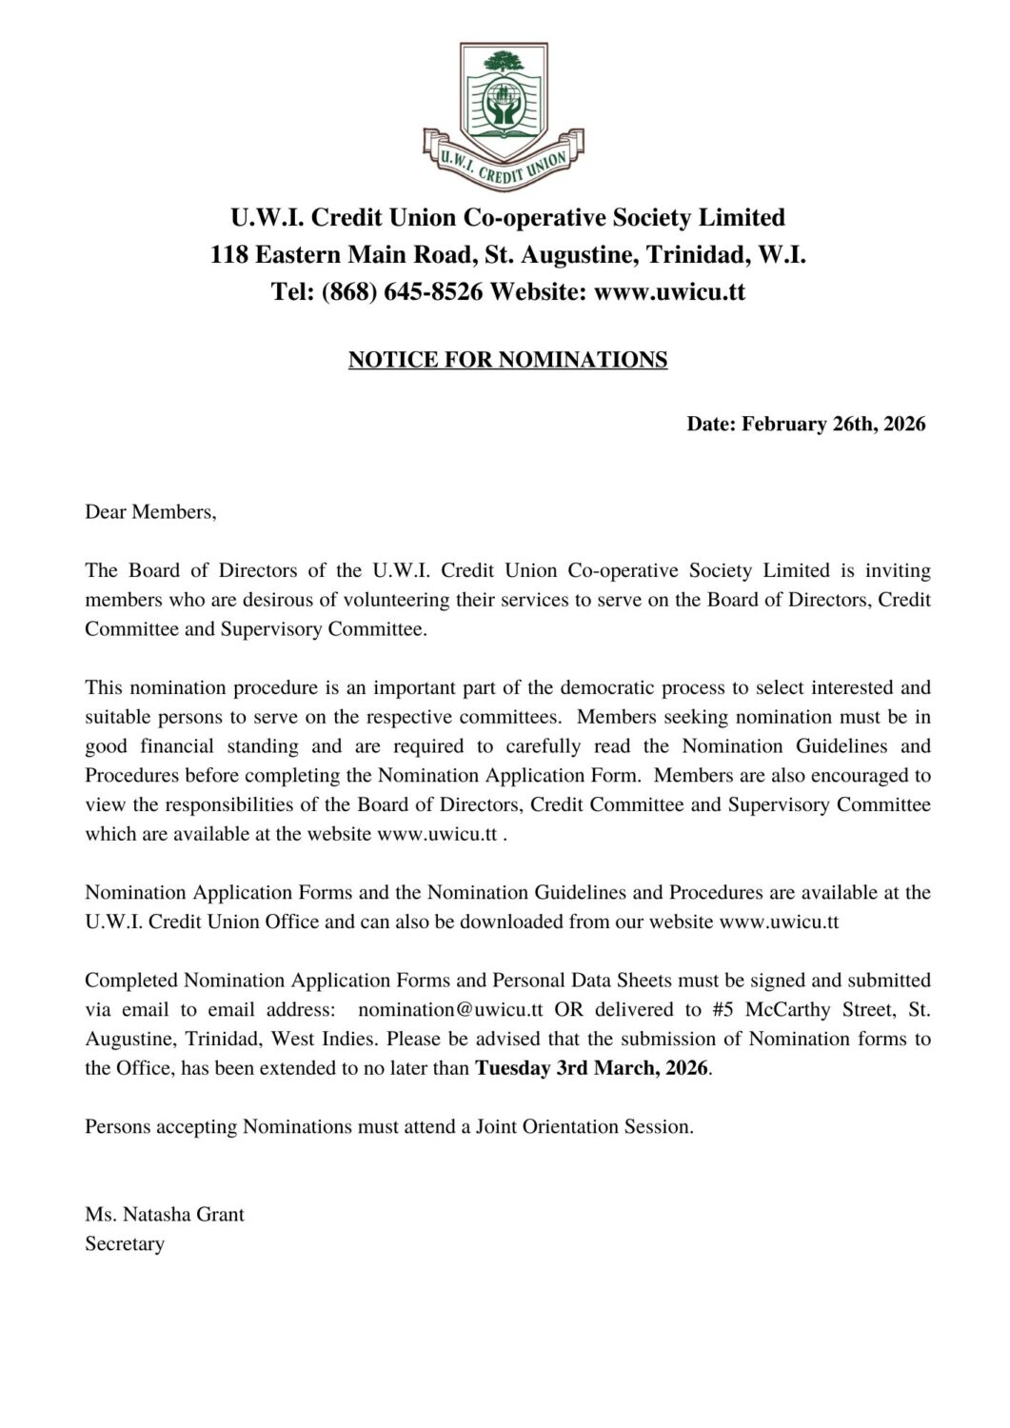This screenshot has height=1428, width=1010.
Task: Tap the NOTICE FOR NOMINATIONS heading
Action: click(507, 360)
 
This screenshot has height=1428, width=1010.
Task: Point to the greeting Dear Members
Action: click(150, 512)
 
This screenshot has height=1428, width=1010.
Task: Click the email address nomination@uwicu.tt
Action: click(450, 1009)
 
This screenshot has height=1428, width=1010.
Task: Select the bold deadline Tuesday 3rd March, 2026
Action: click(591, 1067)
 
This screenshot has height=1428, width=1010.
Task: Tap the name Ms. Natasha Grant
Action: click(165, 1215)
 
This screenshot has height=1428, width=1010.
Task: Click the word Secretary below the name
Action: click(125, 1244)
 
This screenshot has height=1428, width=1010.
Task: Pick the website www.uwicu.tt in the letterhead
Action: click(669, 291)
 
